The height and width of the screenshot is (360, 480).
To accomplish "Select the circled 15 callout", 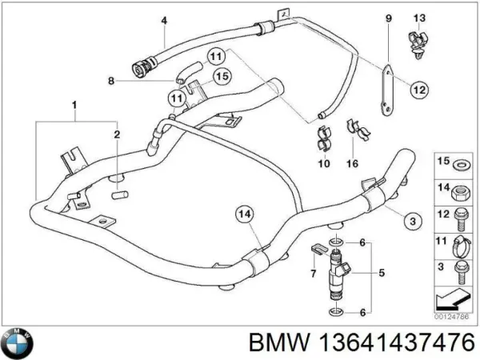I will click(x=222, y=77).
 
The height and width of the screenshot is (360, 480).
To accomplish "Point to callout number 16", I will click(x=352, y=165).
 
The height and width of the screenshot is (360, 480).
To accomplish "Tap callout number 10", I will click(x=323, y=165).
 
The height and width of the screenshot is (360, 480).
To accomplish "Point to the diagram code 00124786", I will click(x=452, y=317).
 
